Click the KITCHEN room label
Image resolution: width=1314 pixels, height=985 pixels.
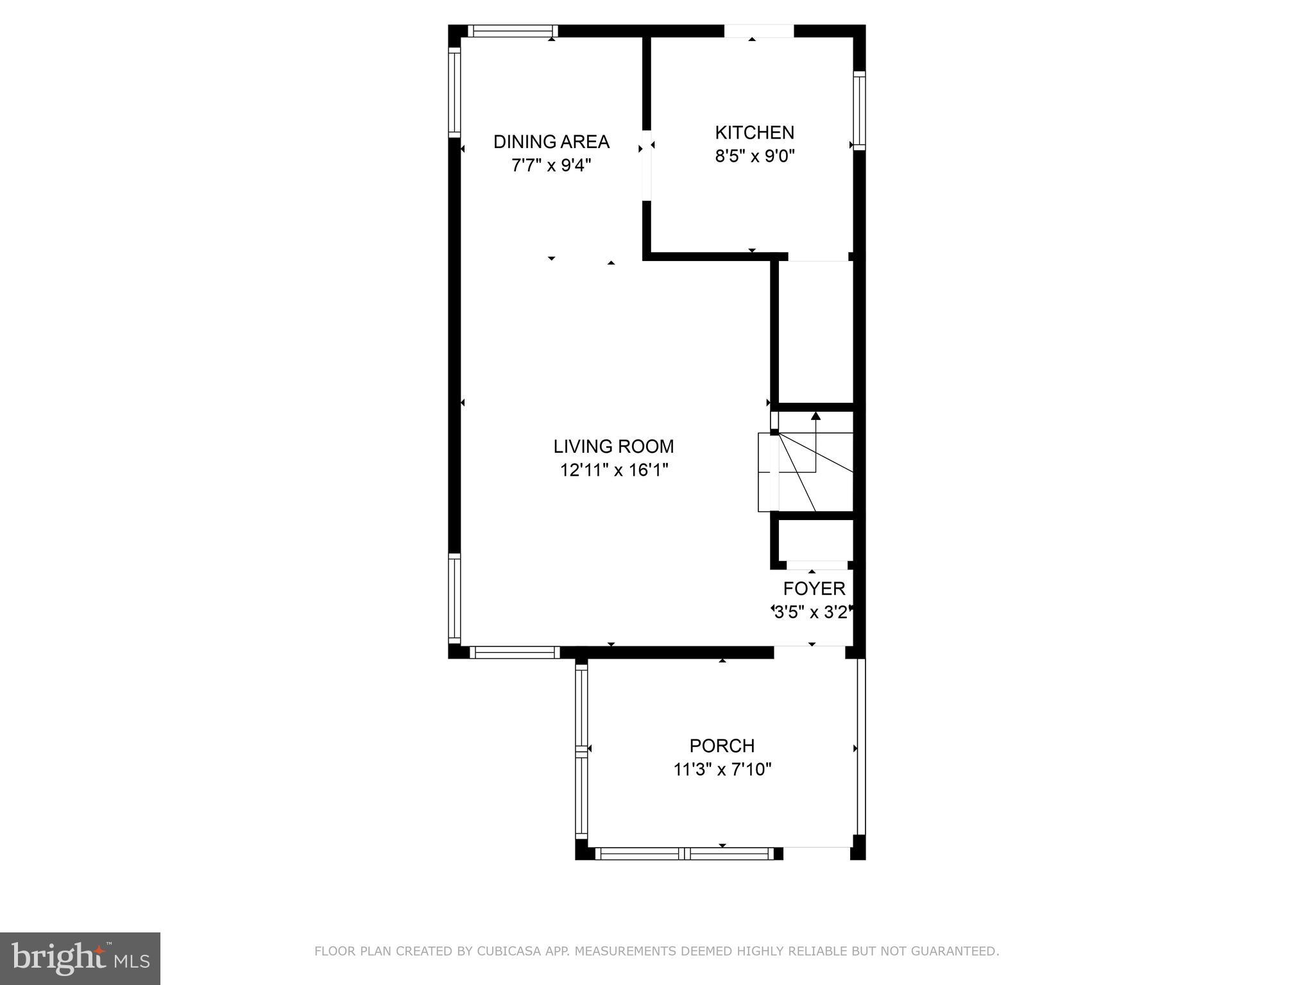[755, 133]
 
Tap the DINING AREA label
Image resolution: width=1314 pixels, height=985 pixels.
[551, 142]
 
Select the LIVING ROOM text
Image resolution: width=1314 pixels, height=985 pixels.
[613, 446]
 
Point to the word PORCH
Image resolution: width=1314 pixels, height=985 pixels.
[722, 746]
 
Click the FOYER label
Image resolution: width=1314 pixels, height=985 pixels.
[814, 589]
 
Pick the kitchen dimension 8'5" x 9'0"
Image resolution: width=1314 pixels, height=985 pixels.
[755, 156]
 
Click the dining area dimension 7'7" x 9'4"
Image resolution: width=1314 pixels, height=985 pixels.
[551, 165]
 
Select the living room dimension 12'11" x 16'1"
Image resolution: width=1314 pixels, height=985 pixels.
[614, 470]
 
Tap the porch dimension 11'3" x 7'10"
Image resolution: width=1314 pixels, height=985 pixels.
[722, 769]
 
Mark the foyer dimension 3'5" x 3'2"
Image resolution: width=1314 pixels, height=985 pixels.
[813, 612]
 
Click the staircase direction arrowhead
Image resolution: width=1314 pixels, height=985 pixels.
[815, 416]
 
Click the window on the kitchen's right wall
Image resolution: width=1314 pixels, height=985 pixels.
[859, 110]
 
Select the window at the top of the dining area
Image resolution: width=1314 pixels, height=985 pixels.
[512, 31]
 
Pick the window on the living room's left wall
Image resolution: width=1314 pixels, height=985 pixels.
[454, 599]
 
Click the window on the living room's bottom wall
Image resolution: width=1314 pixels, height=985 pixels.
[515, 652]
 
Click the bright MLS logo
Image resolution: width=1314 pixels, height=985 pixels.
[80, 958]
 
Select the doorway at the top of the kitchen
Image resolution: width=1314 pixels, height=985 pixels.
[759, 31]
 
